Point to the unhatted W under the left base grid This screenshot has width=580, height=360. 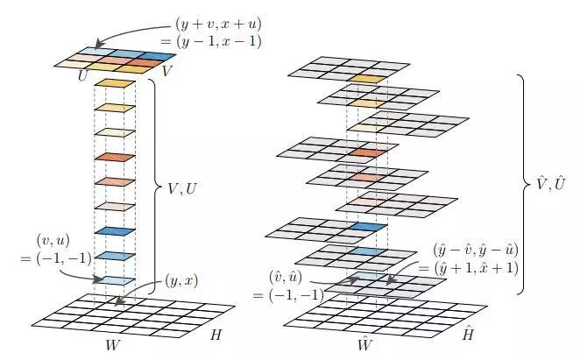click(x=112, y=344)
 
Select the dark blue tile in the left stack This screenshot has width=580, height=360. click(x=116, y=230)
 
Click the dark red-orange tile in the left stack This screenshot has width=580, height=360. click(x=116, y=158)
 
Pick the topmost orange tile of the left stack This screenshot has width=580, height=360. click(x=116, y=83)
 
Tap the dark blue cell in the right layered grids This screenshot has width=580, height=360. click(x=366, y=227)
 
